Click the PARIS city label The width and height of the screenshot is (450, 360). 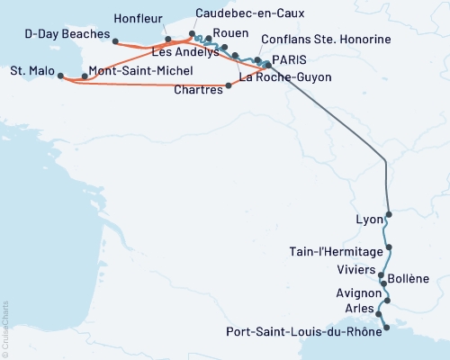pyautogui.click(x=289, y=59)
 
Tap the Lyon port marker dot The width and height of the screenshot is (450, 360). pyautogui.click(x=389, y=216)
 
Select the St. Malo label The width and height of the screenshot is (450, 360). pyautogui.click(x=31, y=70)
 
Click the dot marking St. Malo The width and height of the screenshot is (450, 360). pyautogui.click(x=61, y=76)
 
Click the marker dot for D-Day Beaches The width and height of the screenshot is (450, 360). pyautogui.click(x=115, y=40)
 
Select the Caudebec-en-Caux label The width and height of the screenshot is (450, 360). pyautogui.click(x=250, y=14)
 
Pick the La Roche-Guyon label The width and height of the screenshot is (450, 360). pyautogui.click(x=287, y=77)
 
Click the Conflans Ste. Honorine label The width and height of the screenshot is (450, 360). pyautogui.click(x=325, y=40)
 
